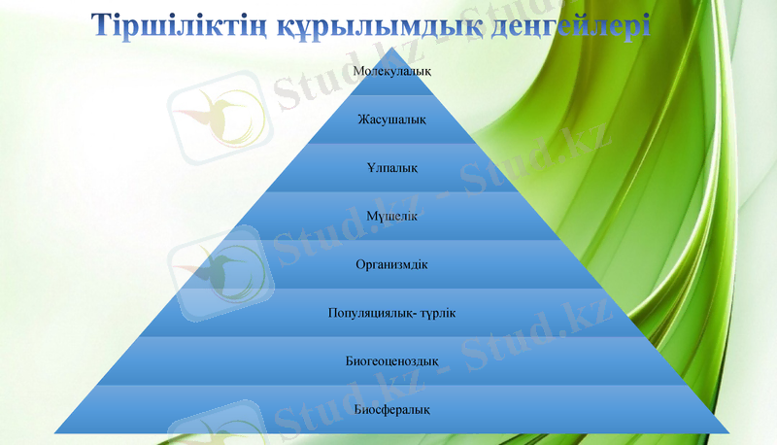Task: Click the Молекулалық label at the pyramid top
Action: (392, 72)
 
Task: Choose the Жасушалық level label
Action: (392, 120)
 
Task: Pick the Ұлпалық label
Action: (392, 168)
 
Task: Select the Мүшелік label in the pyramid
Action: (392, 216)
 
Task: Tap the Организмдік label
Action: (392, 264)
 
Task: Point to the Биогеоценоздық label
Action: (392, 361)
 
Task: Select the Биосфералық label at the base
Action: (392, 409)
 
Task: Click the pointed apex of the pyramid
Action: (392, 49)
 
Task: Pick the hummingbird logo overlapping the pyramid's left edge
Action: (216, 274)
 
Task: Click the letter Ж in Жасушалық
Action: (362, 120)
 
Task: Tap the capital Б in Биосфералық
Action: (358, 409)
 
